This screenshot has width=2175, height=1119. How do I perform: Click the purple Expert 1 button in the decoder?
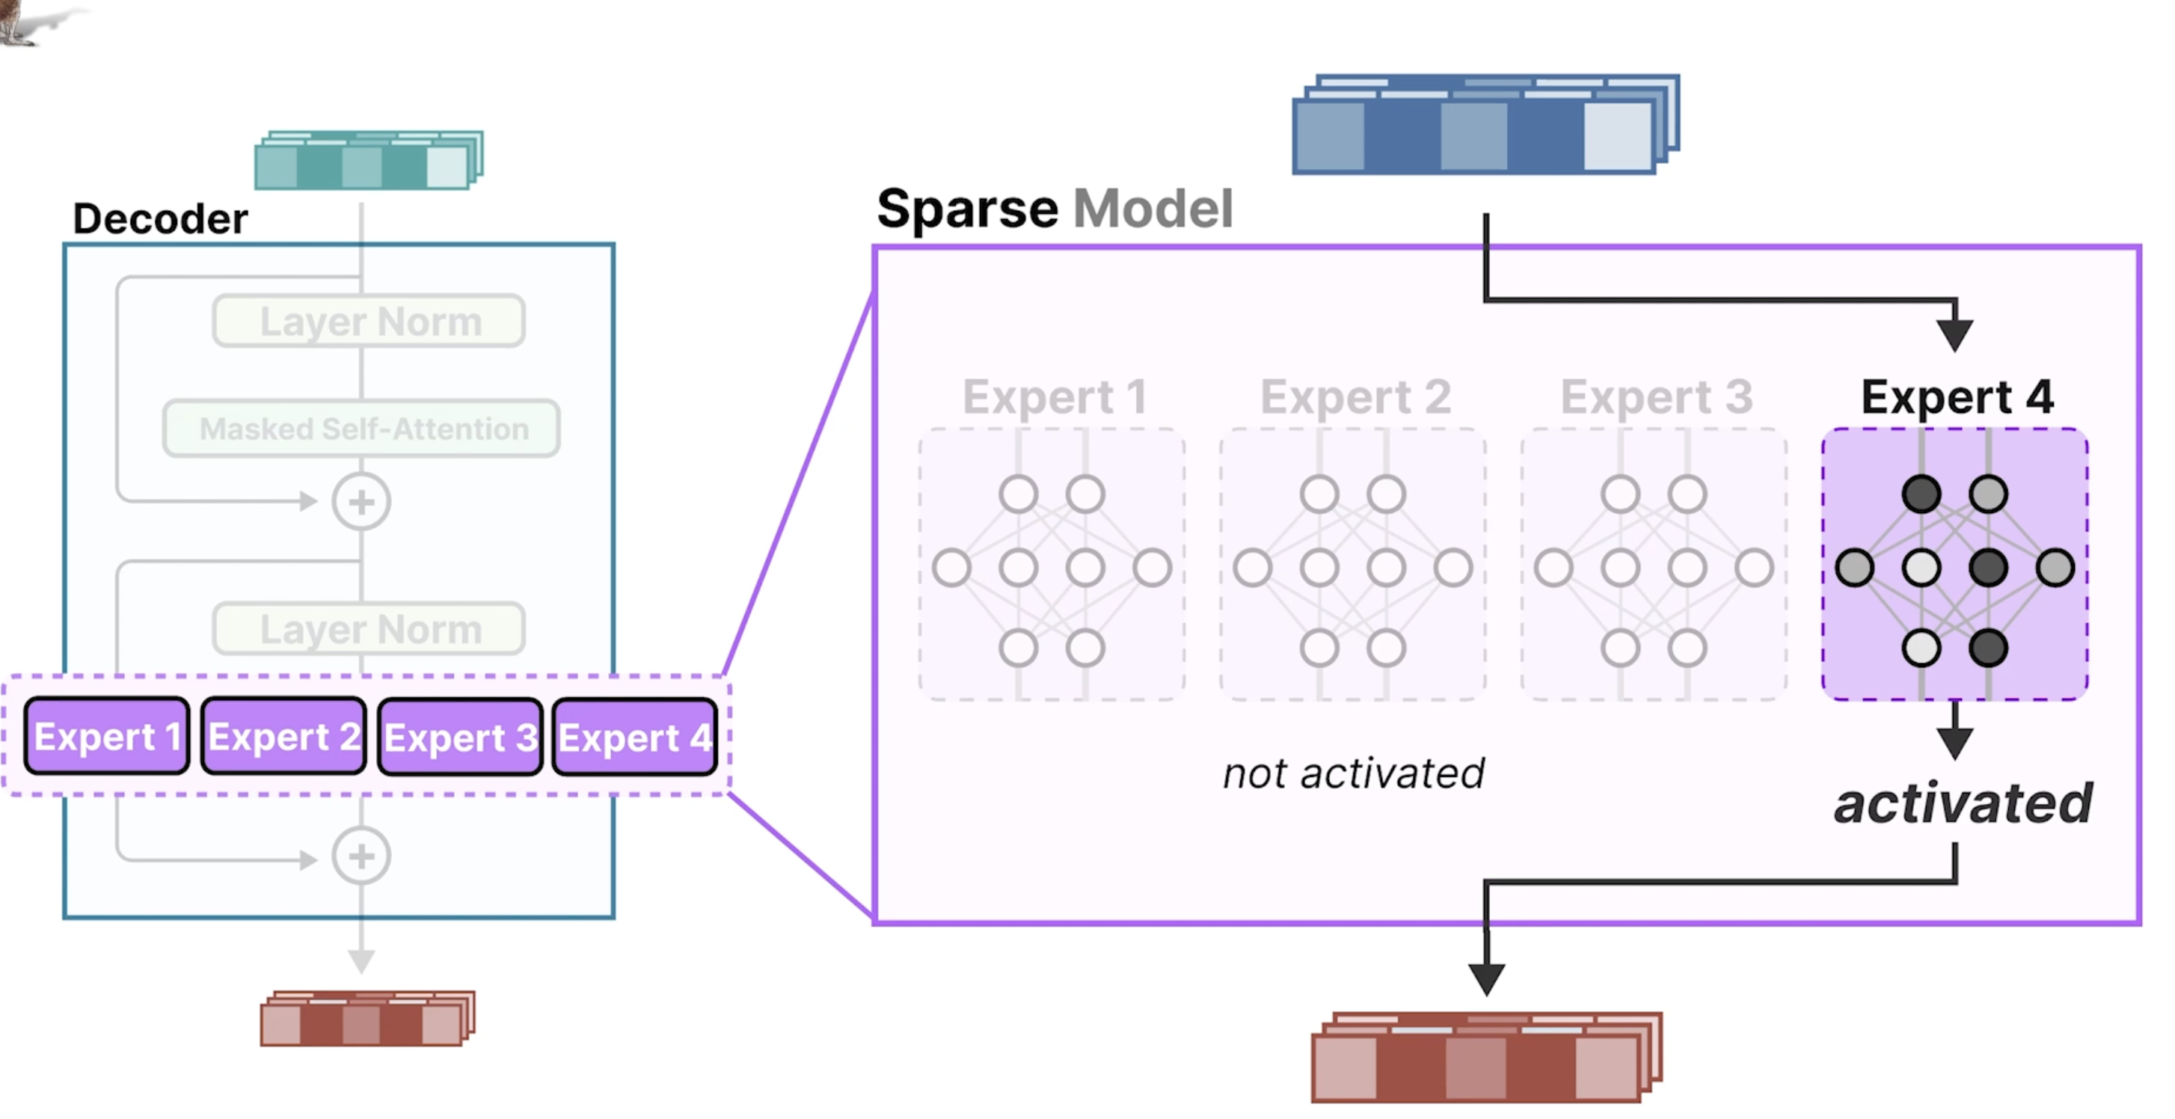point(106,735)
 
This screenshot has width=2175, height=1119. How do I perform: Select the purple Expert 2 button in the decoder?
point(283,735)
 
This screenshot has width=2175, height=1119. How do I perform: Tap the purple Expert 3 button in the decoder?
point(460,737)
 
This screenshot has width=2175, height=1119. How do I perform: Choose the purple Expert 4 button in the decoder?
point(635,737)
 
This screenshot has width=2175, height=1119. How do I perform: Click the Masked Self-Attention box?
point(361,428)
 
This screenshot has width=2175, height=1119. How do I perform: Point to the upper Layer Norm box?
point(369,321)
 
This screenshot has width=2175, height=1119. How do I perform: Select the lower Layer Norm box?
point(369,628)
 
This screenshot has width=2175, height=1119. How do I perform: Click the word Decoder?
point(160,218)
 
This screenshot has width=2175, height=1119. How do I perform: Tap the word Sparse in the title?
point(968,209)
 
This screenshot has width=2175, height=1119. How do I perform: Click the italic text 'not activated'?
point(1354,773)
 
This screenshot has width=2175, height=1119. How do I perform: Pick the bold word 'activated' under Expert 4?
point(1963,803)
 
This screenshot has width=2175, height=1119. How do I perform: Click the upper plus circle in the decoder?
point(361,502)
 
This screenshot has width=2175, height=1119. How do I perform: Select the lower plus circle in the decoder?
point(361,856)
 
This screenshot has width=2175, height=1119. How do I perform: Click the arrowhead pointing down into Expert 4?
point(1954,336)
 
